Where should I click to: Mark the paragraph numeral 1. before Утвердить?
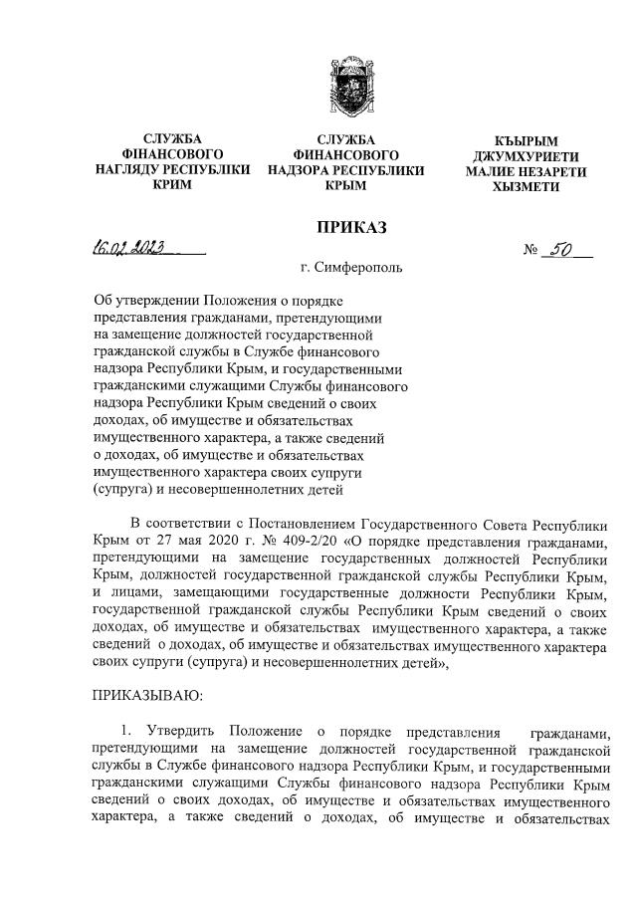tap(124, 733)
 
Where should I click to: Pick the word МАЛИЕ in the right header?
tap(492, 171)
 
